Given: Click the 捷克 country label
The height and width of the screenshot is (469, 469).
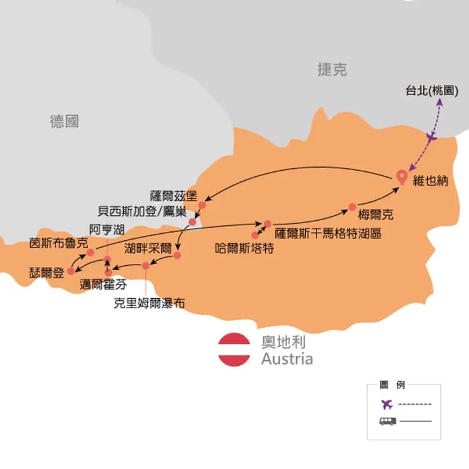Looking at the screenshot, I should pyautogui.click(x=331, y=70).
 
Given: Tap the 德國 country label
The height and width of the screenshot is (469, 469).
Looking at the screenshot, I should pyautogui.click(x=64, y=121).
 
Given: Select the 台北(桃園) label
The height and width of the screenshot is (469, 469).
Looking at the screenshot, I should pyautogui.click(x=433, y=90).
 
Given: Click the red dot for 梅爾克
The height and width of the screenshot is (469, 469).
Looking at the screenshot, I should pyautogui.click(x=352, y=207).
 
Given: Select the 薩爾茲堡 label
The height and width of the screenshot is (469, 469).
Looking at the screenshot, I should pyautogui.click(x=173, y=194).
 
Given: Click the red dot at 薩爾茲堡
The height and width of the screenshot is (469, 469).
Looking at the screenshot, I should pyautogui.click(x=202, y=204).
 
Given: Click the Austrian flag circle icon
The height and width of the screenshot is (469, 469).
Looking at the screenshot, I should pyautogui.click(x=234, y=350).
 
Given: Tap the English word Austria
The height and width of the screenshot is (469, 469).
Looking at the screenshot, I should pyautogui.click(x=287, y=359).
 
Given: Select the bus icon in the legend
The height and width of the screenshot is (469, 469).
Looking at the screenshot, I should pyautogui.click(x=387, y=421).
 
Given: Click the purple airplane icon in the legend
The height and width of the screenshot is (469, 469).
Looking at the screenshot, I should pyautogui.click(x=387, y=403).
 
